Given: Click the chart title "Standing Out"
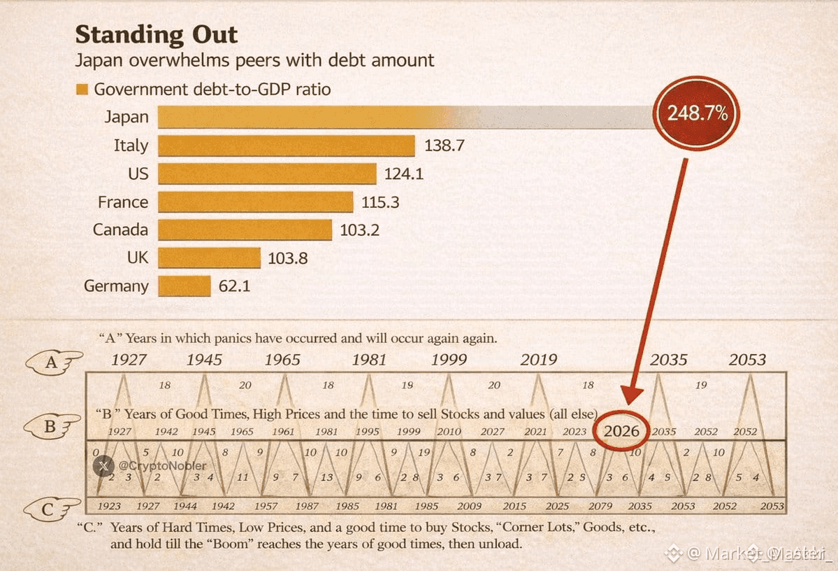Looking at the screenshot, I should click(x=157, y=34).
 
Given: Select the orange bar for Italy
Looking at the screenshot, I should click(x=287, y=146).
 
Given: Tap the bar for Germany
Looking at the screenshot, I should click(x=185, y=285).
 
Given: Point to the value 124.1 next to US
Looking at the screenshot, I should click(x=404, y=174).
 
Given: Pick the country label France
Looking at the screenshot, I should click(x=123, y=202).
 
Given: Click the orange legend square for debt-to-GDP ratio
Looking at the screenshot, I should click(x=82, y=90).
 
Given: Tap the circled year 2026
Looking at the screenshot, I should click(x=621, y=430).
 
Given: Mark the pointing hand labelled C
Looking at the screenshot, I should click(x=52, y=509).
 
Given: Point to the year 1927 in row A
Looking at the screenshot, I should click(x=129, y=360).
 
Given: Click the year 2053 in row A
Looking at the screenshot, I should click(x=747, y=360).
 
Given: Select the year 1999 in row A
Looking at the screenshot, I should click(x=449, y=360).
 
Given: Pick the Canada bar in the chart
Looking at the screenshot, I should click(x=245, y=230).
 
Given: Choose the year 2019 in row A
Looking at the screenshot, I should click(x=539, y=360).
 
